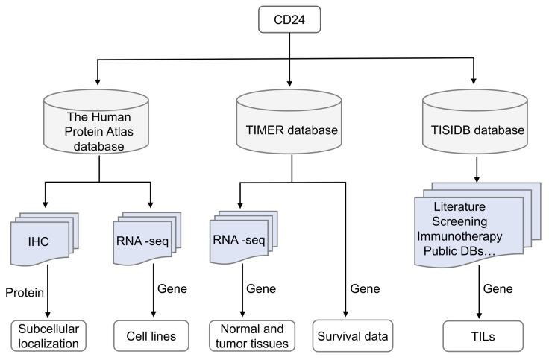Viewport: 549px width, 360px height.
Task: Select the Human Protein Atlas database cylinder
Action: coord(99,123)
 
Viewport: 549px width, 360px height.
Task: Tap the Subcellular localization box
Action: coord(48,335)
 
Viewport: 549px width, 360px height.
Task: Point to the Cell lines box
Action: coord(153,336)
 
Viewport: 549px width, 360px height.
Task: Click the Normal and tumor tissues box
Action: coord(251,335)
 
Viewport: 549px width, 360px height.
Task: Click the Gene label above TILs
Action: coord(498,288)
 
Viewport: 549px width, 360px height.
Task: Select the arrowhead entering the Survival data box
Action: coord(346,317)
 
